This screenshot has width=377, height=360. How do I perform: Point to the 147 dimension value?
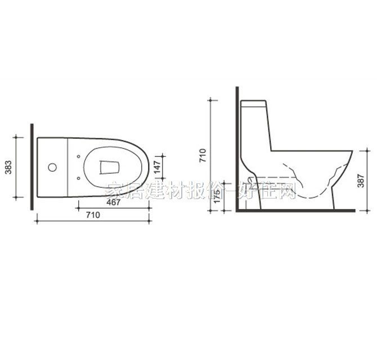click(x=158, y=167)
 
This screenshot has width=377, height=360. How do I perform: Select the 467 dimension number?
click(x=114, y=203)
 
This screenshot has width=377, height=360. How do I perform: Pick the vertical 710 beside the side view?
click(x=203, y=154)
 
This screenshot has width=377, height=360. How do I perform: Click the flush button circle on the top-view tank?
click(x=52, y=167)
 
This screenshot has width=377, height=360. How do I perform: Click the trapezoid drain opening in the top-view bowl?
click(x=109, y=167)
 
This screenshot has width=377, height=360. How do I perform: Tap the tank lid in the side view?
click(x=254, y=103)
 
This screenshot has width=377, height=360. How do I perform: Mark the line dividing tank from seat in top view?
click(x=68, y=167)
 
